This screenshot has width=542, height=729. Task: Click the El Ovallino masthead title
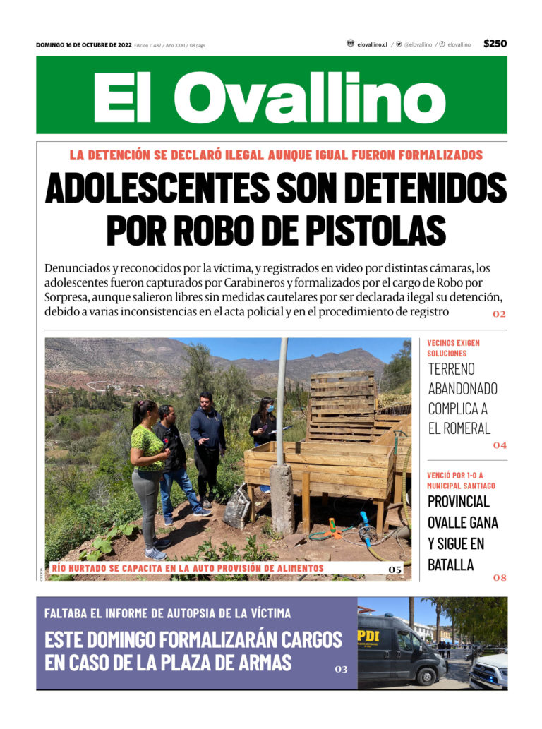coord(271,96)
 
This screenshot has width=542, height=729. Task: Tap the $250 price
coord(495,44)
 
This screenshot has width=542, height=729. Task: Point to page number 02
coord(499,314)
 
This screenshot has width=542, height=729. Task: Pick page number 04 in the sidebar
coord(499,445)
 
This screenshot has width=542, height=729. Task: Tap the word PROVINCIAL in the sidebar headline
coord(458,502)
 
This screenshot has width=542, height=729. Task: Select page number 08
coord(499,578)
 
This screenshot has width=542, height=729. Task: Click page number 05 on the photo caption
coord(395,569)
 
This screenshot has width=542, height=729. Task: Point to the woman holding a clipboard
coord(263,423)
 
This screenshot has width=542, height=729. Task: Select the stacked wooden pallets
coord(342,406)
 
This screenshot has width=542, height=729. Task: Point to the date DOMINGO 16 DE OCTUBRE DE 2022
coord(83,44)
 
